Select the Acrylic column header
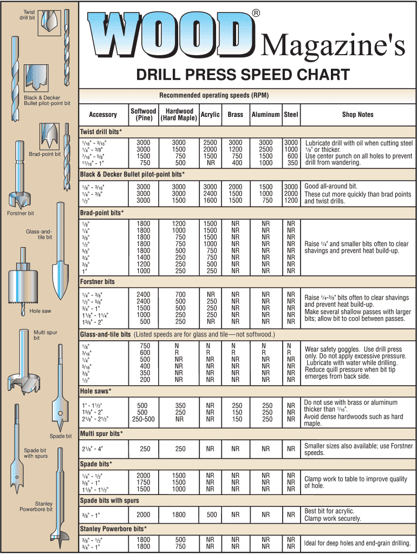click(210, 115)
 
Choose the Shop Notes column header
click(357, 115)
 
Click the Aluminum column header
click(265, 115)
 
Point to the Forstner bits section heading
click(97, 282)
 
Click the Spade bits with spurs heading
click(109, 501)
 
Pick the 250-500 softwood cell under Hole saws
click(144, 419)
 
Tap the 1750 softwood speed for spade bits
click(144, 482)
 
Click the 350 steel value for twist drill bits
click(292, 162)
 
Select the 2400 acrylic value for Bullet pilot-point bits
click(210, 194)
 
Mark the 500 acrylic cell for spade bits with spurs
click(210, 515)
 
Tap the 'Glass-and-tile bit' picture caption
click(39, 234)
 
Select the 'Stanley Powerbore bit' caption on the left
click(36, 506)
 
